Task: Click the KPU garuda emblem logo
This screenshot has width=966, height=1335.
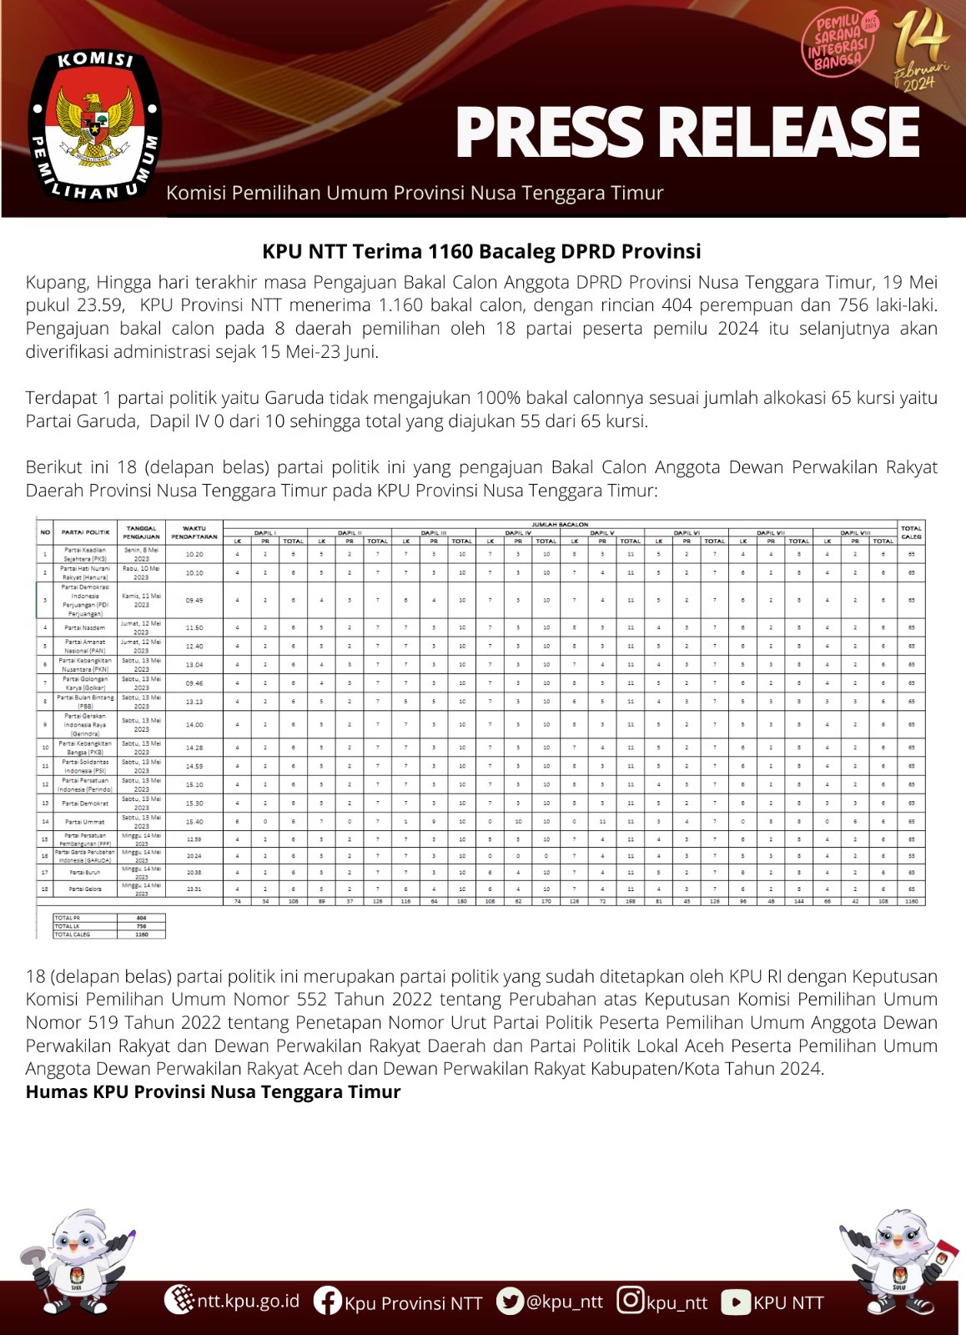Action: pyautogui.click(x=95, y=125)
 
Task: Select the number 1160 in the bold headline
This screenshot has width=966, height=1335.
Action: pyautogui.click(x=455, y=251)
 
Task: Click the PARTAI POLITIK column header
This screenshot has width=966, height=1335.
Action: pyautogui.click(x=86, y=531)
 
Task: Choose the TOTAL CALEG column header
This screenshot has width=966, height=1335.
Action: pyautogui.click(x=911, y=531)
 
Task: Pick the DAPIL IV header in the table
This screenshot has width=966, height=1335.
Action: pyautogui.click(x=518, y=532)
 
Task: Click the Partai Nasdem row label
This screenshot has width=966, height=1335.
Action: pyautogui.click(x=86, y=627)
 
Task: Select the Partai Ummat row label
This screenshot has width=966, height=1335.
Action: pyautogui.click(x=85, y=822)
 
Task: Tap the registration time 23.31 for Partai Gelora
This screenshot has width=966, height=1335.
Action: pyautogui.click(x=194, y=889)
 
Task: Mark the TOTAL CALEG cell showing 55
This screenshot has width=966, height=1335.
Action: pyautogui.click(x=911, y=855)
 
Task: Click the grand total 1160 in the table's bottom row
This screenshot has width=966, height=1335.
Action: pyautogui.click(x=911, y=901)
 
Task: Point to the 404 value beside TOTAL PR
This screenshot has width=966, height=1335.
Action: pyautogui.click(x=141, y=917)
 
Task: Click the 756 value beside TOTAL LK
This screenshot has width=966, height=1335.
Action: pyautogui.click(x=141, y=926)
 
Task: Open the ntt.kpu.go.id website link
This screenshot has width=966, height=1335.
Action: pyautogui.click(x=247, y=1301)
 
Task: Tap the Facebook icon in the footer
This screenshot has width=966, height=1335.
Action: pyautogui.click(x=328, y=1302)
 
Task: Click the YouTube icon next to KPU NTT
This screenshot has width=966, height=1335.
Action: pyautogui.click(x=736, y=1302)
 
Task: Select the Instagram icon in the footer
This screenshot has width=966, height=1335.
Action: pyautogui.click(x=631, y=1301)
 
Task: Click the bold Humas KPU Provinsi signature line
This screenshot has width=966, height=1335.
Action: pyautogui.click(x=213, y=1092)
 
